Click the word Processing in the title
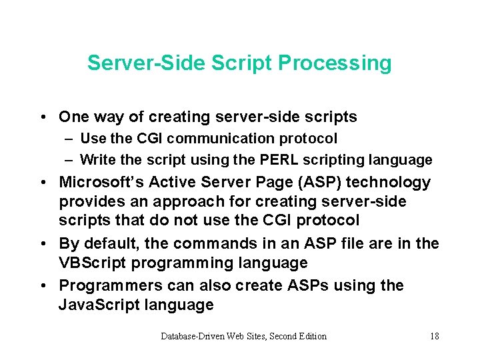point(335,64)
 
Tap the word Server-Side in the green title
point(146,63)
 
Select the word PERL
point(279,159)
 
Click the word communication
point(220,139)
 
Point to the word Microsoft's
point(101,182)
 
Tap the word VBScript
point(92,263)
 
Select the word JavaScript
point(99,305)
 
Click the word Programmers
point(111,286)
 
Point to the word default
point(111,244)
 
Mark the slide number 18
point(435,336)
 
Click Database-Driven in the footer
point(192,336)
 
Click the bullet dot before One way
point(43,117)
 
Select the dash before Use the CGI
point(69,139)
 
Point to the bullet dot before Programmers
point(43,286)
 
